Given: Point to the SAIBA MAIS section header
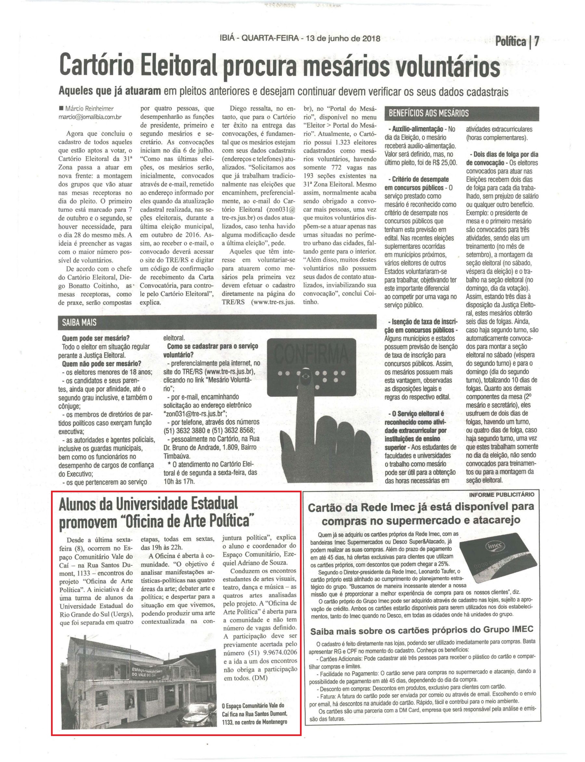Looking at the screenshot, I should click(77, 322).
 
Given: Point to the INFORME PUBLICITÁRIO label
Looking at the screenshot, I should click(501, 494).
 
